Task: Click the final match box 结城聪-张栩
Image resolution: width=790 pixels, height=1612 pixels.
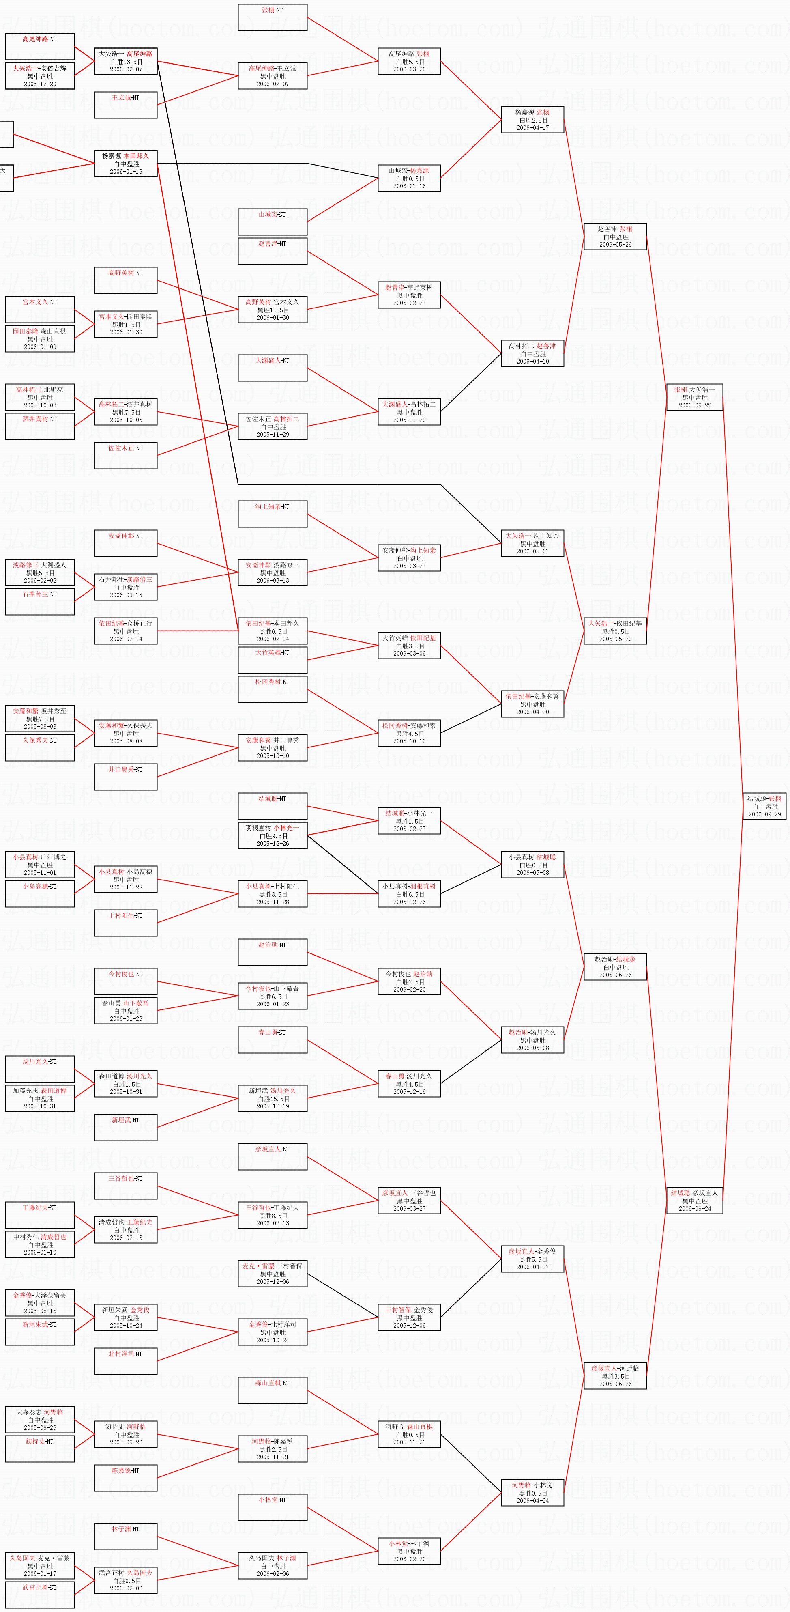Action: pyautogui.click(x=764, y=806)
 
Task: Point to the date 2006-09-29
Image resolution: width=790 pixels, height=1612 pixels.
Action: pyautogui.click(x=764, y=814)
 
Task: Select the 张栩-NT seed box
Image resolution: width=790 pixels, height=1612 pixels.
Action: pyautogui.click(x=272, y=17)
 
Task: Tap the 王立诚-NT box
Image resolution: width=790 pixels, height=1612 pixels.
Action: pyautogui.click(x=126, y=105)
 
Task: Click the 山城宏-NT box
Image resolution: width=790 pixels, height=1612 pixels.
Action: pyautogui.click(x=272, y=222)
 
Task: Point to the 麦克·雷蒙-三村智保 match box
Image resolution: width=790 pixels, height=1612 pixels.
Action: pyautogui.click(x=272, y=1274)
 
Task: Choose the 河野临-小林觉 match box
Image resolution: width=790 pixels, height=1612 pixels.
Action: pyautogui.click(x=532, y=1492)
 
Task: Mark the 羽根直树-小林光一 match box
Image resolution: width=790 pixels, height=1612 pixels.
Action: pyautogui.click(x=272, y=835)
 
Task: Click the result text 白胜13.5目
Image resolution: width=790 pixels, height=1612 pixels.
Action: pyautogui.click(x=126, y=62)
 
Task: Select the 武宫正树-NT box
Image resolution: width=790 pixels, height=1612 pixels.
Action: pyautogui.click(x=39, y=1595)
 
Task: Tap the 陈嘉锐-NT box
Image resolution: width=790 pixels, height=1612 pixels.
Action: pyautogui.click(x=126, y=1477)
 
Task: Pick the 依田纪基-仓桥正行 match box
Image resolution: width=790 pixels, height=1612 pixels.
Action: pyautogui.click(x=126, y=631)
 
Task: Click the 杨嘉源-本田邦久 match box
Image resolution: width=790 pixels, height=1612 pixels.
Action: pyautogui.click(x=126, y=164)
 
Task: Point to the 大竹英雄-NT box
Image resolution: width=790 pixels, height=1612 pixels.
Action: pyautogui.click(x=272, y=660)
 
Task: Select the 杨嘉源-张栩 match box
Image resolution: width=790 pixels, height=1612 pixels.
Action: pyautogui.click(x=532, y=120)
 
